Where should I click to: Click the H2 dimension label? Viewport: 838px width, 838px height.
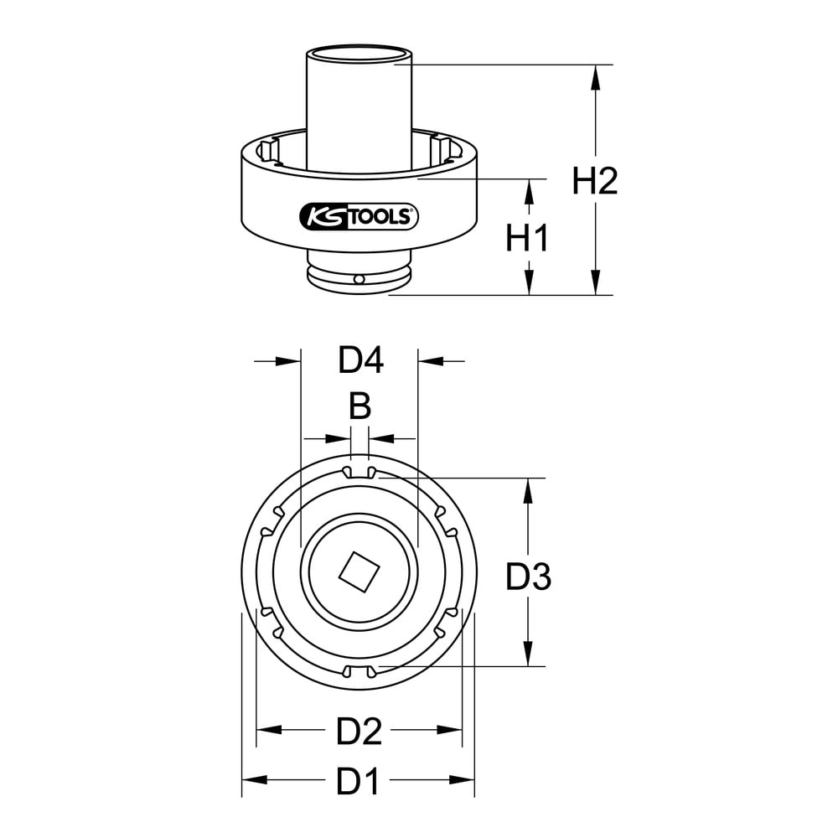click(x=595, y=181)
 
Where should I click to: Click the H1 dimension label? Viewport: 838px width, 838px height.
click(x=527, y=238)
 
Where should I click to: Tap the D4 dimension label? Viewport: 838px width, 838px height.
click(x=360, y=360)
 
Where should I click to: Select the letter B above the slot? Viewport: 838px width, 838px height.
click(x=360, y=406)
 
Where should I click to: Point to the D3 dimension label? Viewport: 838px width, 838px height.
click(x=529, y=577)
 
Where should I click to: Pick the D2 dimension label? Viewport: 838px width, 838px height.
click(x=360, y=732)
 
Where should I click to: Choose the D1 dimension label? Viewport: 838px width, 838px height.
click(x=358, y=781)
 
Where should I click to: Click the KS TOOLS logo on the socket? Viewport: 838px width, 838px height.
click(x=359, y=217)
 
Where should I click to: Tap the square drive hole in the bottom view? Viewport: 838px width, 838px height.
click(x=360, y=572)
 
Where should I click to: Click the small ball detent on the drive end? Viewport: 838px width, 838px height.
click(x=360, y=280)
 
